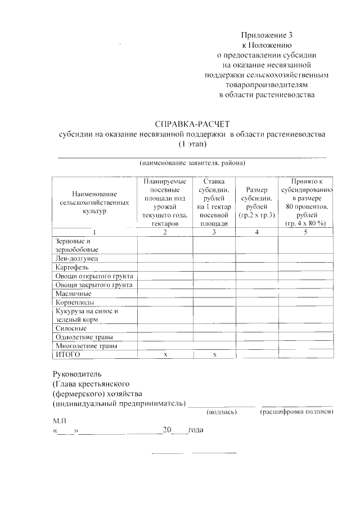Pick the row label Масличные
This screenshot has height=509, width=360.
(x=74, y=294)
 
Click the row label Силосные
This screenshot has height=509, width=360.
(x=71, y=328)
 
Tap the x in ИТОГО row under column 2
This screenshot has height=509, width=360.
(x=165, y=354)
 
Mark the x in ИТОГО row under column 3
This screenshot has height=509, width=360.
(x=214, y=354)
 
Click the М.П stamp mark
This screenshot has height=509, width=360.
(x=60, y=420)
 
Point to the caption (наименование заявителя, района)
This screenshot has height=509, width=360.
(x=192, y=164)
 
